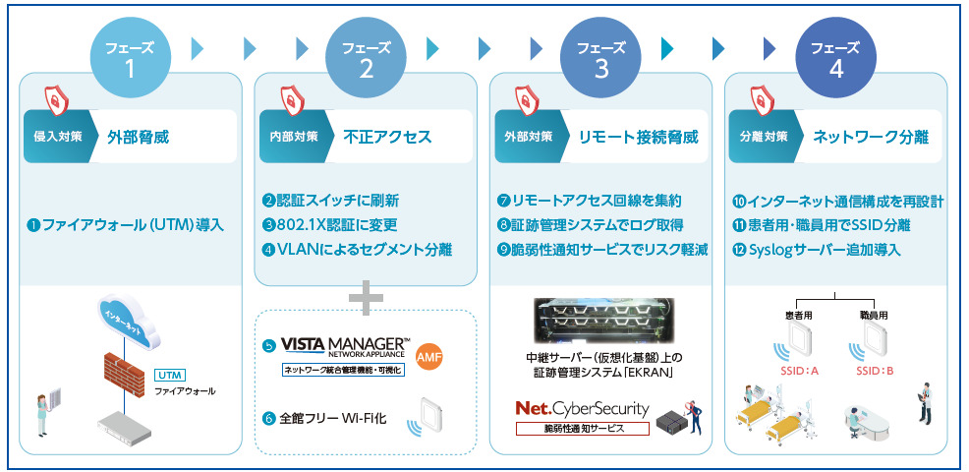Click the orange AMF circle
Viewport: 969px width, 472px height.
point(431,355)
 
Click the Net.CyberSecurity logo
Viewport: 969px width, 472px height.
point(584,407)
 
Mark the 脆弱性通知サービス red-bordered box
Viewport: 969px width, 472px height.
point(584,428)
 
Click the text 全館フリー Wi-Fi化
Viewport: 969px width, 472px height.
point(332,418)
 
